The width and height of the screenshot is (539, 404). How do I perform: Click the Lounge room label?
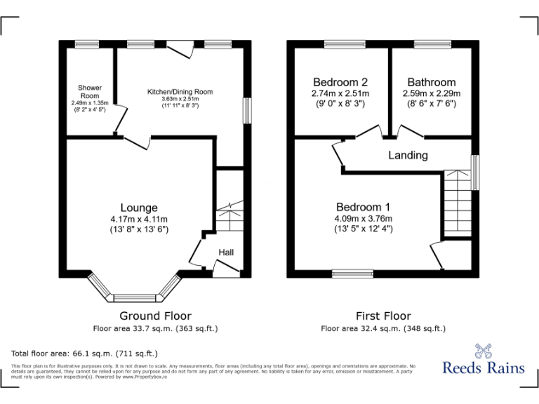coord(139,208)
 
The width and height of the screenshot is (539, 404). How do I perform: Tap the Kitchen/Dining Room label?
coord(180,92)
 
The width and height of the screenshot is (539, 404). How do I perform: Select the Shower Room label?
coord(90,91)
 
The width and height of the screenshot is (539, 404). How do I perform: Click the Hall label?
coord(226,252)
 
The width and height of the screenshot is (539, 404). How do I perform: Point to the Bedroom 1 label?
coord(363,207)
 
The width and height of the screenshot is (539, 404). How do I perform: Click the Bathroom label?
coord(431,82)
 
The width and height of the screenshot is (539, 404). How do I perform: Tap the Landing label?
coord(408,155)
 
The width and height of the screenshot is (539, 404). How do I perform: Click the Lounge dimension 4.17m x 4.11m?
coord(139,219)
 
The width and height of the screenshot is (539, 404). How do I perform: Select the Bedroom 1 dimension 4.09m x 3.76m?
coord(363,218)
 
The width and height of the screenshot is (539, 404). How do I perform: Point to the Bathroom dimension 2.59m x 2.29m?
coord(431,93)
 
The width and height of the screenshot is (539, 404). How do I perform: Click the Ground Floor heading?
coord(155,316)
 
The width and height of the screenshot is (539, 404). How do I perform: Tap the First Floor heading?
coord(382,316)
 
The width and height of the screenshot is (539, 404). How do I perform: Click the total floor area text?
coord(85,353)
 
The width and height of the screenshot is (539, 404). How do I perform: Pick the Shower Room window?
coord(86,45)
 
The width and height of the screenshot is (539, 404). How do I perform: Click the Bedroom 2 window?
coord(340,45)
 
